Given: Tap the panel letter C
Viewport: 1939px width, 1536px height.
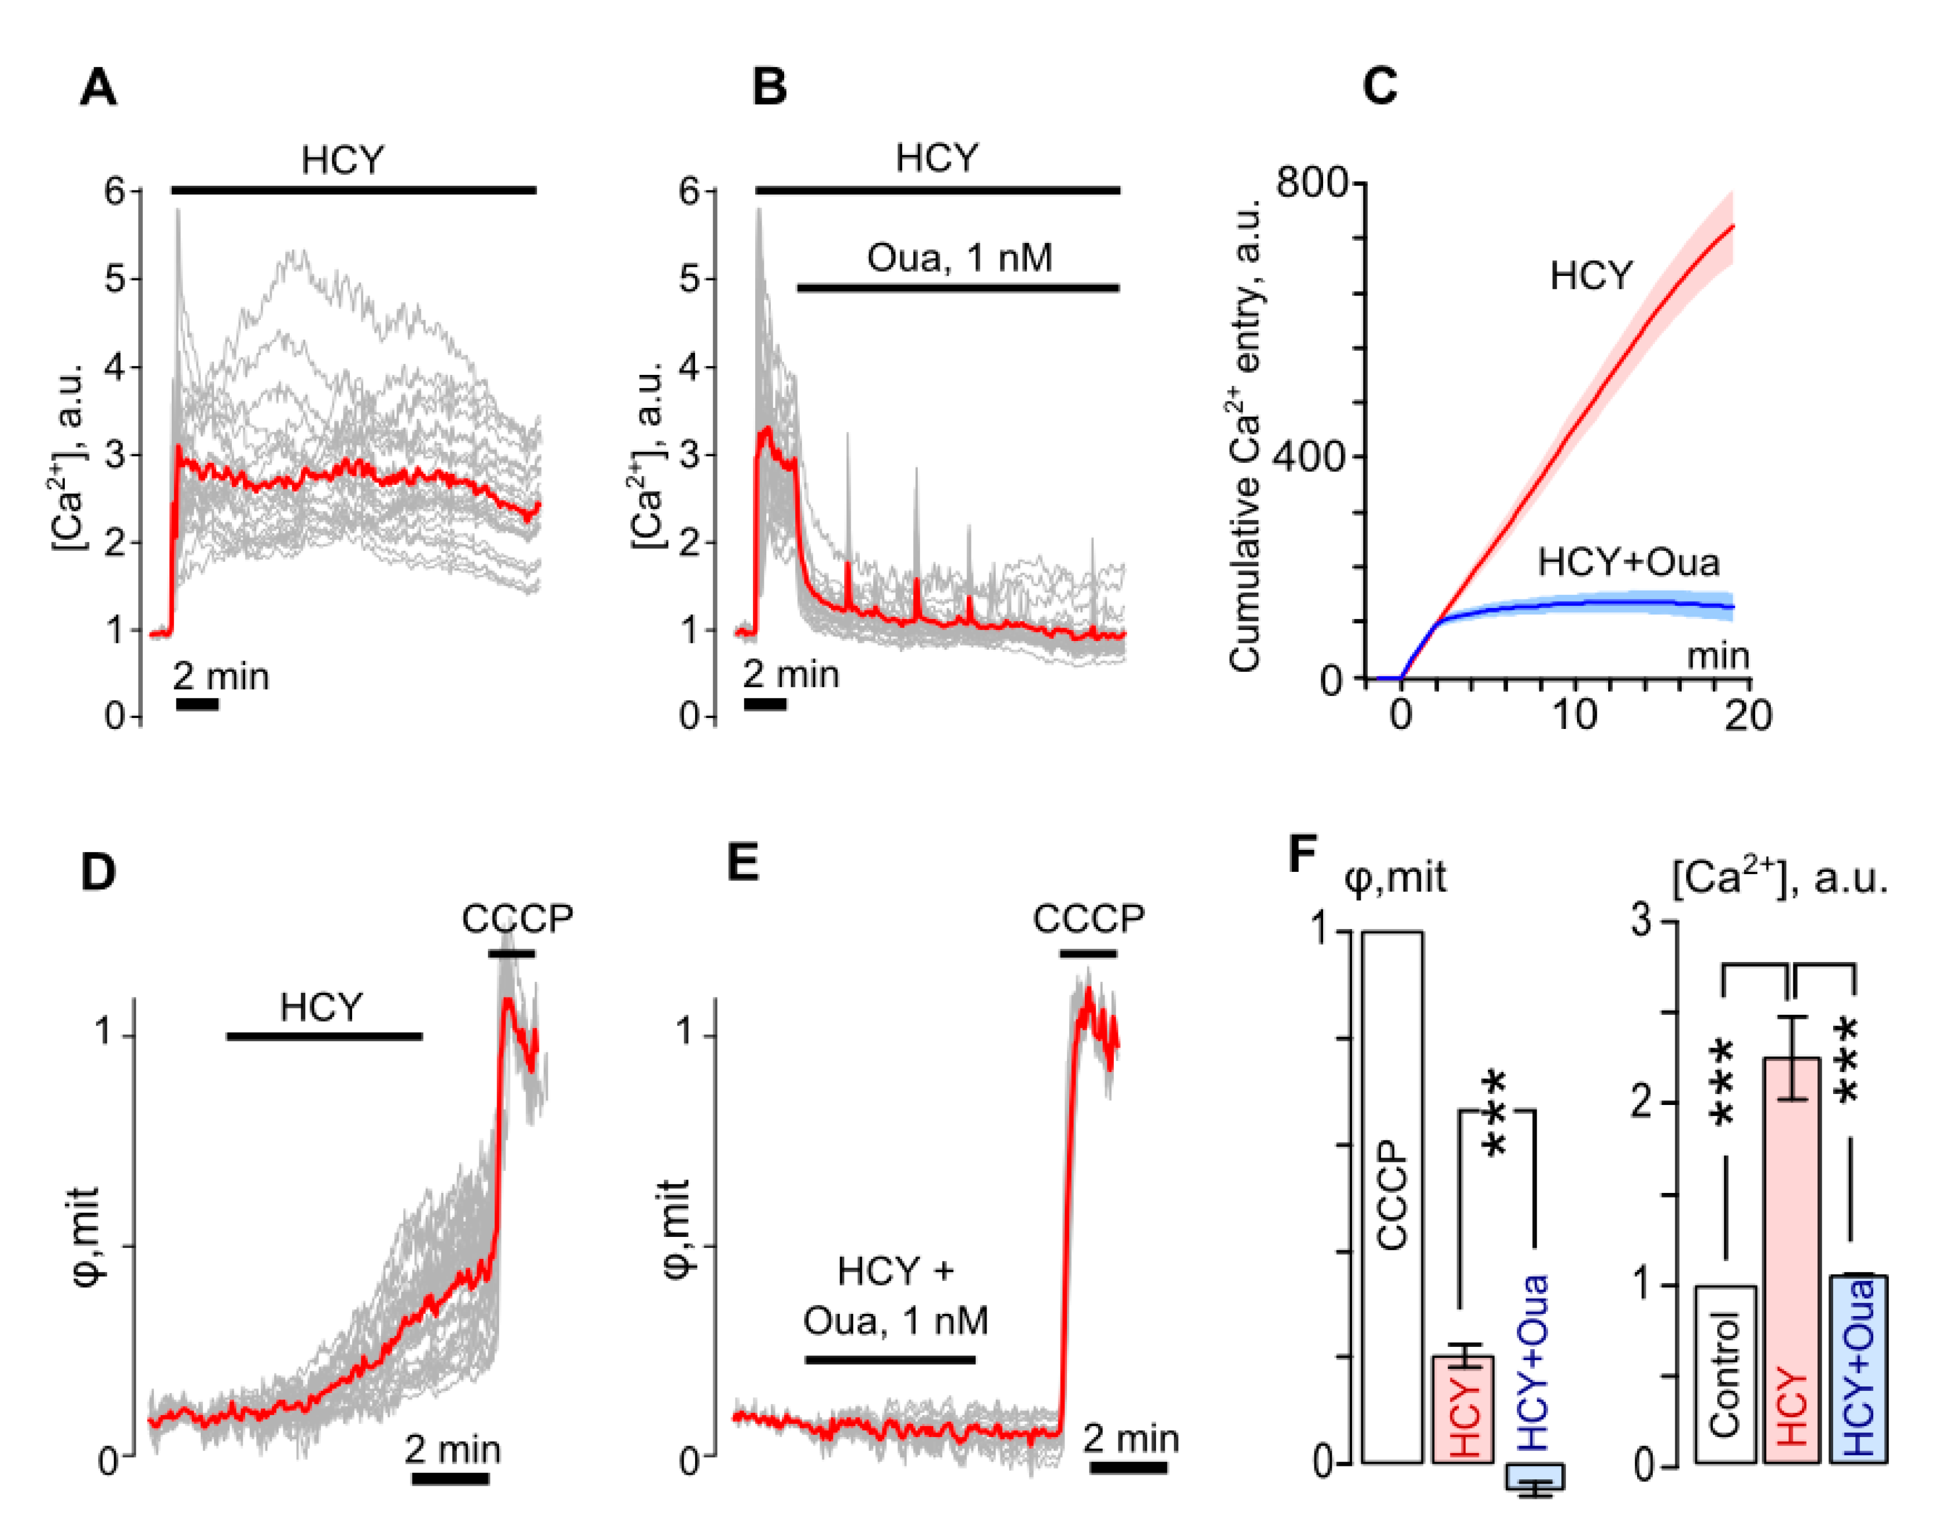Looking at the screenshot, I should point(1380,86).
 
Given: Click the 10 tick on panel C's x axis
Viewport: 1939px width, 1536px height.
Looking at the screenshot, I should point(1574,716).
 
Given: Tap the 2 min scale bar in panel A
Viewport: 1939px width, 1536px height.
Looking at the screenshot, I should point(197,703).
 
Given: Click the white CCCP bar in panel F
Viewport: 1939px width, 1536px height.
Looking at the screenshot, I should point(1391,1196).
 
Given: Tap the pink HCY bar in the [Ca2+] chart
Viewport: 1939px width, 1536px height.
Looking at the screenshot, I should point(1792,1259).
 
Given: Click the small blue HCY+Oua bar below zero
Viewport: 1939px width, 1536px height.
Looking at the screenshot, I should point(1535,1476).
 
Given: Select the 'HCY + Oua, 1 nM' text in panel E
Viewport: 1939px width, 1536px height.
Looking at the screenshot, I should point(895,1296).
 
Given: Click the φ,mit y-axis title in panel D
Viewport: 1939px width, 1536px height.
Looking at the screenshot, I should point(88,1236).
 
